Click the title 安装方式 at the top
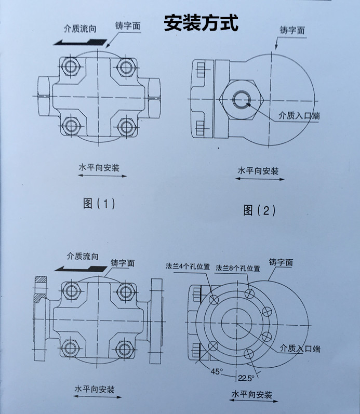[x=201, y=23]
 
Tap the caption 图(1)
[x=99, y=203]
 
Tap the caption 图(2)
[x=259, y=210]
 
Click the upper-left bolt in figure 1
[x=69, y=66]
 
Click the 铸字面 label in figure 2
[x=292, y=31]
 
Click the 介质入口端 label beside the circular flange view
[x=300, y=348]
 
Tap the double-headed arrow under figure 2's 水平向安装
[x=259, y=179]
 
